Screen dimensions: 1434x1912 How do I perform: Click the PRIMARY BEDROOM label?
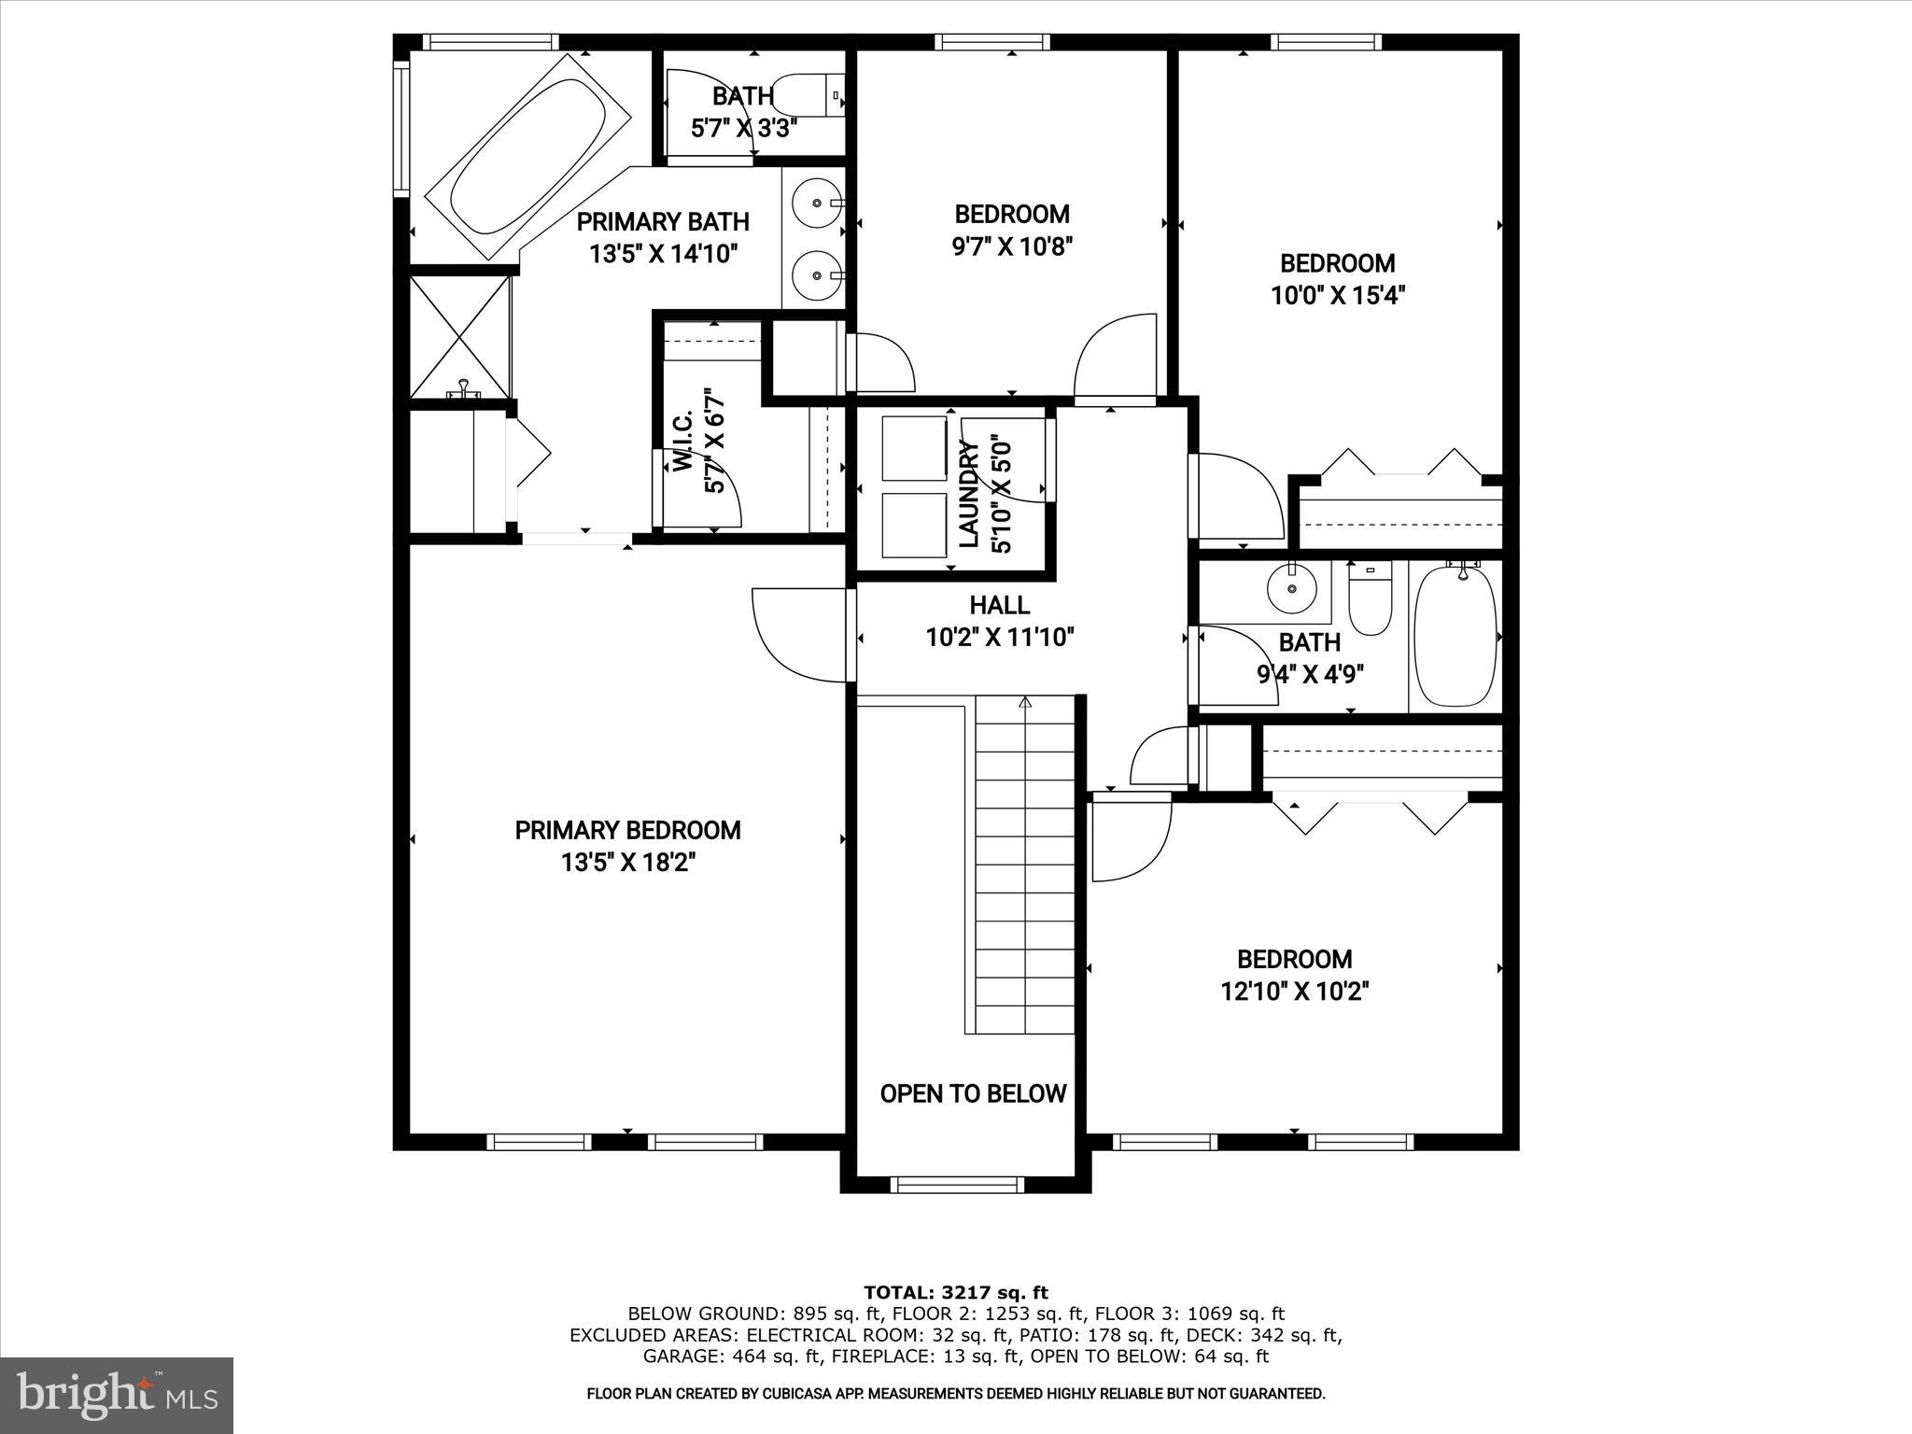[x=627, y=830]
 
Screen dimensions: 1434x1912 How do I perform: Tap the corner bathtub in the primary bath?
[x=527, y=156]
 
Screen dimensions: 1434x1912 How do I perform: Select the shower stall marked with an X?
[x=460, y=336]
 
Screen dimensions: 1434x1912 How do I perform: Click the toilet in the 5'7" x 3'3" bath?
[x=808, y=94]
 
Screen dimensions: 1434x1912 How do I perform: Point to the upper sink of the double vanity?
[x=816, y=203]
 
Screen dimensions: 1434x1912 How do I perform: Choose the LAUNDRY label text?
[x=969, y=494]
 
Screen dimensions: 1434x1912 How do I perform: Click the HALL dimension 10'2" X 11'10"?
[x=1000, y=638]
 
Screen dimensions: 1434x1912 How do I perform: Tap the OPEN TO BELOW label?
[x=973, y=1093]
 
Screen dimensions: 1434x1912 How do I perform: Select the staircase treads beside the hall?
[x=1025, y=864]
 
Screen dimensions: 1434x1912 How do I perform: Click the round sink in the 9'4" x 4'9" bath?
[x=1291, y=588]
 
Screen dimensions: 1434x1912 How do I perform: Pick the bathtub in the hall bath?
[x=1455, y=636]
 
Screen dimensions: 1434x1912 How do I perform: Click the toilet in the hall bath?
[x=1370, y=599]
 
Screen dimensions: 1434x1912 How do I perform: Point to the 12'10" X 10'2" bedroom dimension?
[x=1294, y=991]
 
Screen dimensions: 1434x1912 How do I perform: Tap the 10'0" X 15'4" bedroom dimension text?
[x=1337, y=296]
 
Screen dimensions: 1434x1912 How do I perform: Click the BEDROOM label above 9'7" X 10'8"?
[x=1012, y=214]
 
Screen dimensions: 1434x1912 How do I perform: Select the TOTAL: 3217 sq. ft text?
[x=955, y=1292]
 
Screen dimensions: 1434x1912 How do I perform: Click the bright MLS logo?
[x=117, y=1395]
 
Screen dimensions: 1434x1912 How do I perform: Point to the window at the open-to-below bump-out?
[x=956, y=1185]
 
